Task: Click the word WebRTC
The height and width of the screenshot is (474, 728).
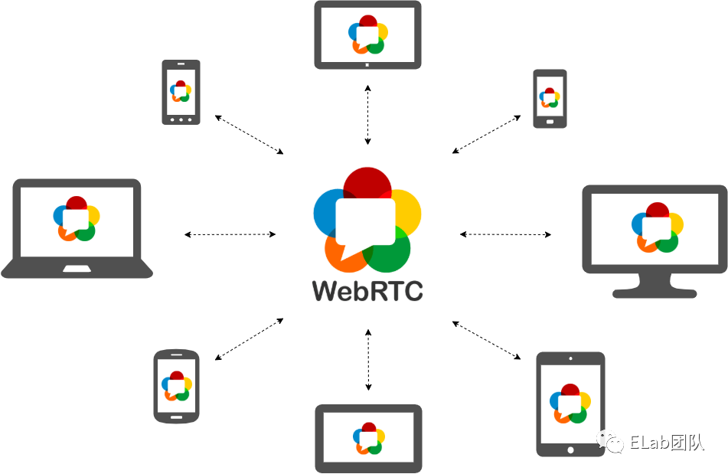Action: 367,291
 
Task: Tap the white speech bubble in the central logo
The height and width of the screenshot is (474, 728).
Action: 366,222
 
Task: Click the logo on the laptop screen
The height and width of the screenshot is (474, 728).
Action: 77,218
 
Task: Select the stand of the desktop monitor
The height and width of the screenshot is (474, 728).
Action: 655,289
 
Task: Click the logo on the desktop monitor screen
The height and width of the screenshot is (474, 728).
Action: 655,227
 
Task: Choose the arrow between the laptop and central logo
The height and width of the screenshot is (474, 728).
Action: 230,234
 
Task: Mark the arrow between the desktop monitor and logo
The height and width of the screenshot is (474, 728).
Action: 505,234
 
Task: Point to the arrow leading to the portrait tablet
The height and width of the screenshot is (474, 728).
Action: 487,340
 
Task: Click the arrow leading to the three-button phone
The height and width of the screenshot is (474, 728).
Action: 250,134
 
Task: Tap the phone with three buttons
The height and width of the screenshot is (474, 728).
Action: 181,92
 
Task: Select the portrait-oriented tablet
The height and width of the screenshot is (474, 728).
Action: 570,404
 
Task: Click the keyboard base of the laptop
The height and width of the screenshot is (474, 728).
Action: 77,269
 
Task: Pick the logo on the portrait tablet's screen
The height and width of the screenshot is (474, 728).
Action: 570,402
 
